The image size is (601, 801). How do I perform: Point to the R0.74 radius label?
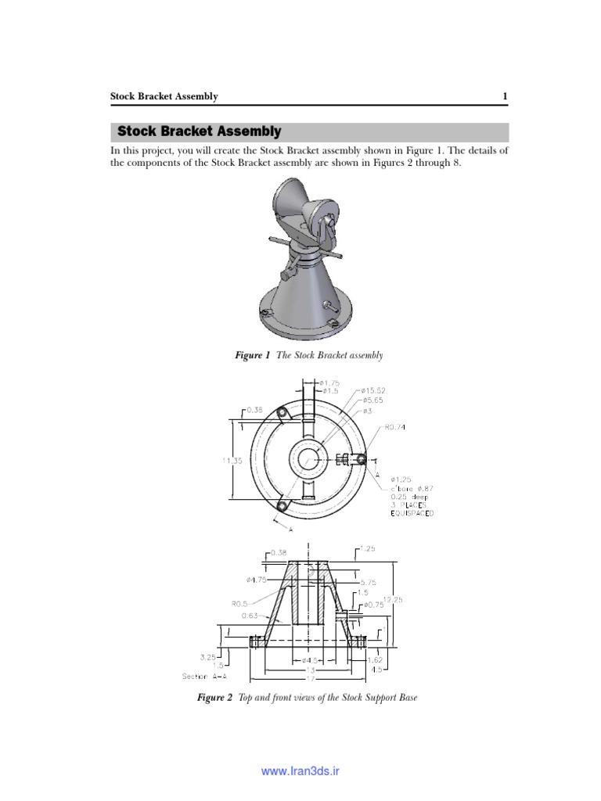point(395,427)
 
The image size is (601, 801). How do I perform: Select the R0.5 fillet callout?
point(239,604)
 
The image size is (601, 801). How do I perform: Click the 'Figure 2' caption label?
point(214,697)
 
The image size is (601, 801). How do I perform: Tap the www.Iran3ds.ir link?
point(300,771)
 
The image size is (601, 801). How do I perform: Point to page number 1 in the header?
point(506,96)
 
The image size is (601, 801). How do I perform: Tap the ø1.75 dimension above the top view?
point(331,383)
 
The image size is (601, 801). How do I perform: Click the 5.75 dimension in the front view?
point(369,583)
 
